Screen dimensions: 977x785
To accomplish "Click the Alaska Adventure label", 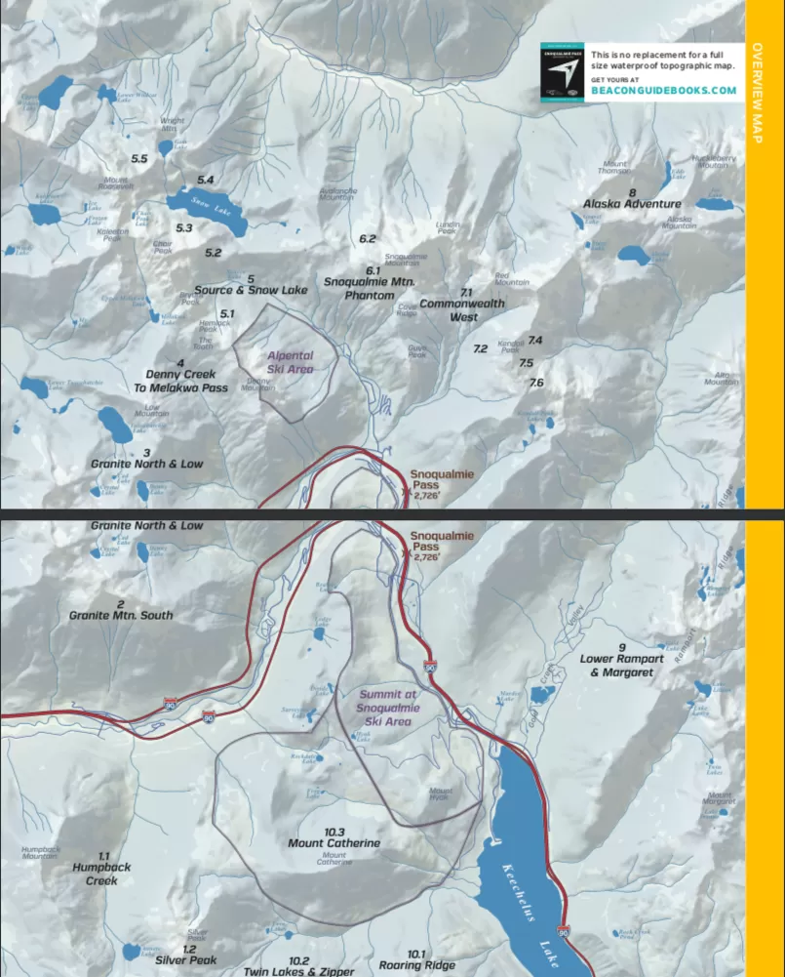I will click(x=632, y=204).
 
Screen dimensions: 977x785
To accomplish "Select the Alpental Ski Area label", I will click(x=290, y=362).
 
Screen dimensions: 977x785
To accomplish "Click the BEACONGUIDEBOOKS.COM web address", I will click(x=663, y=91).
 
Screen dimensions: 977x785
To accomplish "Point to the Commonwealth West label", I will click(x=462, y=309).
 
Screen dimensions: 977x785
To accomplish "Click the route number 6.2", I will click(x=367, y=239).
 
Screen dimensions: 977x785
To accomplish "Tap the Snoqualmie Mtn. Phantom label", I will click(x=370, y=288).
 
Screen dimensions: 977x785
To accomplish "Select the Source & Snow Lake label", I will click(x=251, y=290).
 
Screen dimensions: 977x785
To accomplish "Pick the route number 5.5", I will click(x=139, y=158).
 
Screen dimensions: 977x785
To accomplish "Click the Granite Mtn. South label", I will click(x=121, y=616).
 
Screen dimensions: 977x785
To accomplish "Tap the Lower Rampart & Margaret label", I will click(x=621, y=666).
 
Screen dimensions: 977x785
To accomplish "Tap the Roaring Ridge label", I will click(x=417, y=965).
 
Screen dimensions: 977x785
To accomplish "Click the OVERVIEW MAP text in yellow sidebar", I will click(x=758, y=93).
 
